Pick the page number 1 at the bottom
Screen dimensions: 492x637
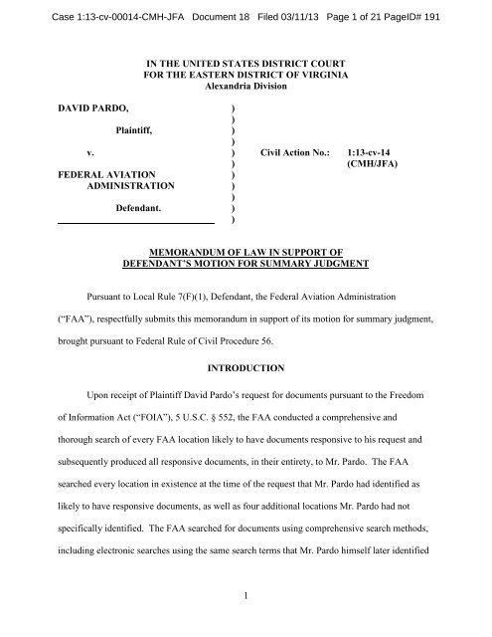(246, 609)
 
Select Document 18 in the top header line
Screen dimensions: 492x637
(210, 11)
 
